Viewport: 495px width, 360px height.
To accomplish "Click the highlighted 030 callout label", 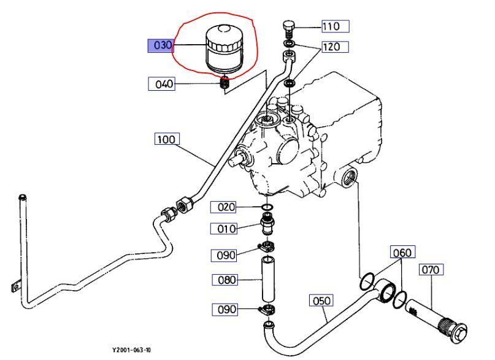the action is (x=161, y=45).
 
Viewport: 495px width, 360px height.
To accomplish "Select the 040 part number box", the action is (x=161, y=84).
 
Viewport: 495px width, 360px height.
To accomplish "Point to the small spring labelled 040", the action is (x=224, y=83).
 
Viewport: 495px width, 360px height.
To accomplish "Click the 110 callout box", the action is (x=336, y=26).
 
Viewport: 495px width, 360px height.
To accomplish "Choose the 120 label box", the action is (x=335, y=47).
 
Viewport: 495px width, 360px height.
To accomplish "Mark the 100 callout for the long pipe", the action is (x=167, y=139).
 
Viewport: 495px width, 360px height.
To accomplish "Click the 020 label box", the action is (x=223, y=207).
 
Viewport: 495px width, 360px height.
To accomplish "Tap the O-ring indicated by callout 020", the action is (x=267, y=207).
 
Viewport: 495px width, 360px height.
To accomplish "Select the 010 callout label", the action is (x=223, y=228).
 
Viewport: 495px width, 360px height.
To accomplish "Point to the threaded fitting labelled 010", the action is (x=267, y=224).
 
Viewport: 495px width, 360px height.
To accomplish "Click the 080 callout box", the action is (x=224, y=280).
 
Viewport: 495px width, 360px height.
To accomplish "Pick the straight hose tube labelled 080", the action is (x=267, y=279).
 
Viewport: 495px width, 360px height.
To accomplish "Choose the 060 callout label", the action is (x=402, y=252).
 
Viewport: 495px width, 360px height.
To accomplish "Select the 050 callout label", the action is (x=321, y=301).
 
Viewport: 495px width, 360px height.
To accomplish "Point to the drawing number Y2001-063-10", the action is (x=132, y=350).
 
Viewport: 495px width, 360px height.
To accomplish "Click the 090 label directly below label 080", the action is (x=224, y=309).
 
